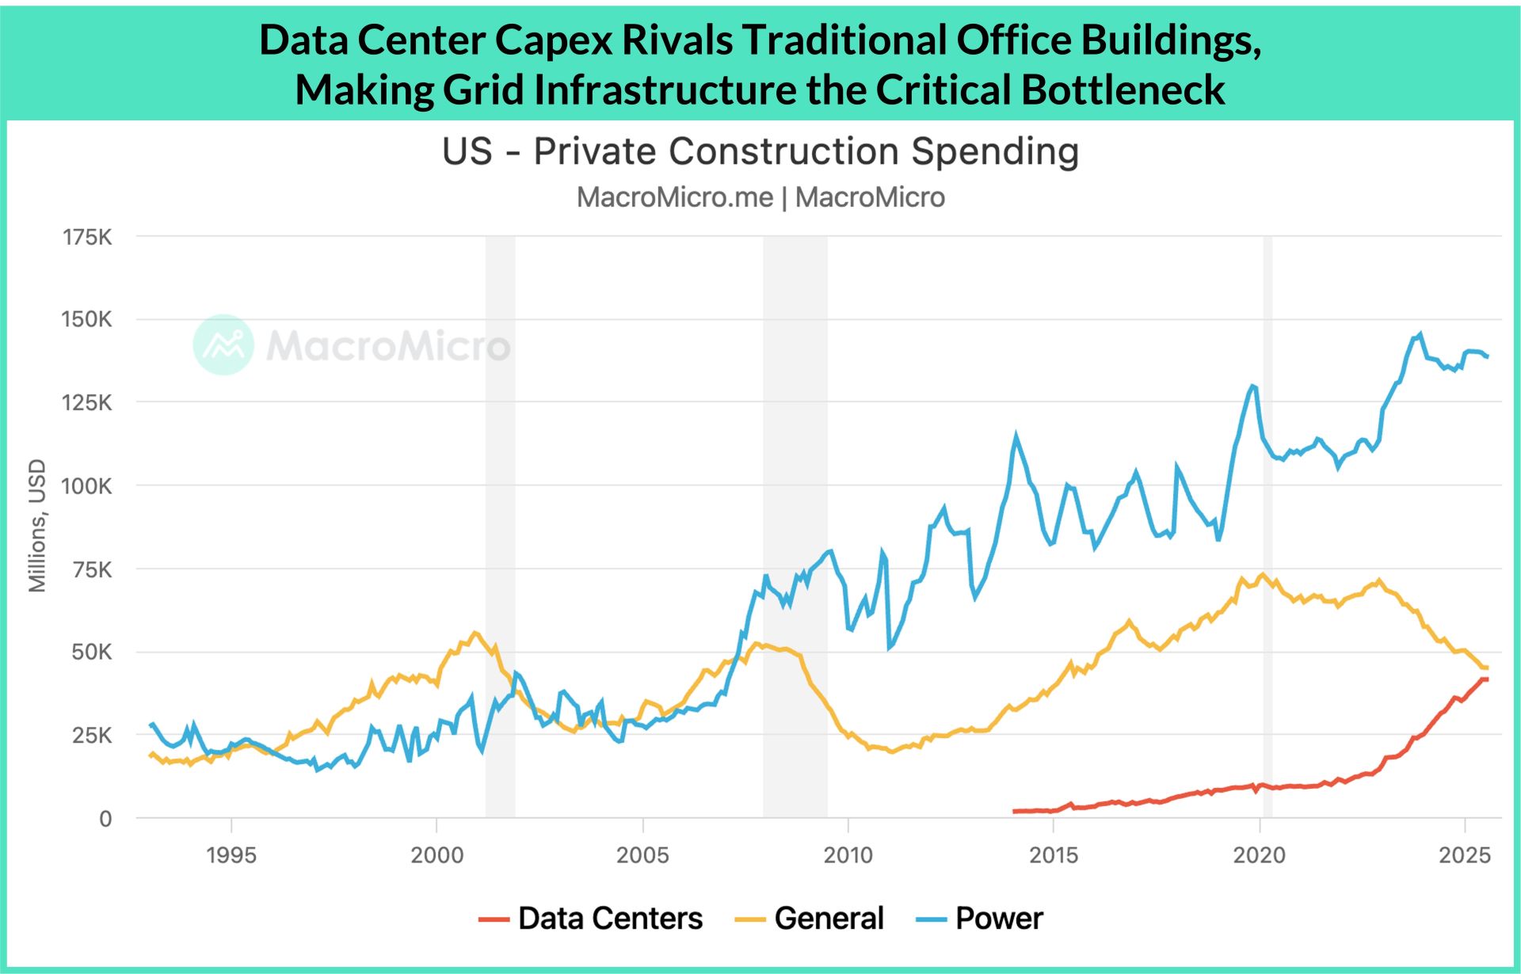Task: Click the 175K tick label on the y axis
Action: click(87, 237)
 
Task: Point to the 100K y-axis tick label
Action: click(87, 485)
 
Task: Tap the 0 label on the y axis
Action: click(105, 819)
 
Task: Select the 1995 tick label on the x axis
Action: click(231, 855)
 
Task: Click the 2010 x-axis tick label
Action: click(848, 855)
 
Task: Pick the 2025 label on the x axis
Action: click(1465, 855)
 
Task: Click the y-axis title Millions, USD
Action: click(37, 526)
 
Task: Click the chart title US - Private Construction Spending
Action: click(760, 151)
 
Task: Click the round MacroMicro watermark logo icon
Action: click(223, 344)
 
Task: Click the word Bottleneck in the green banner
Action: click(1123, 89)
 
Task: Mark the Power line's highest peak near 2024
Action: click(1420, 334)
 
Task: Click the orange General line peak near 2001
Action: click(475, 633)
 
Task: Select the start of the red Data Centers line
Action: click(1015, 811)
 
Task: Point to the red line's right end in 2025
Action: click(1486, 679)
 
